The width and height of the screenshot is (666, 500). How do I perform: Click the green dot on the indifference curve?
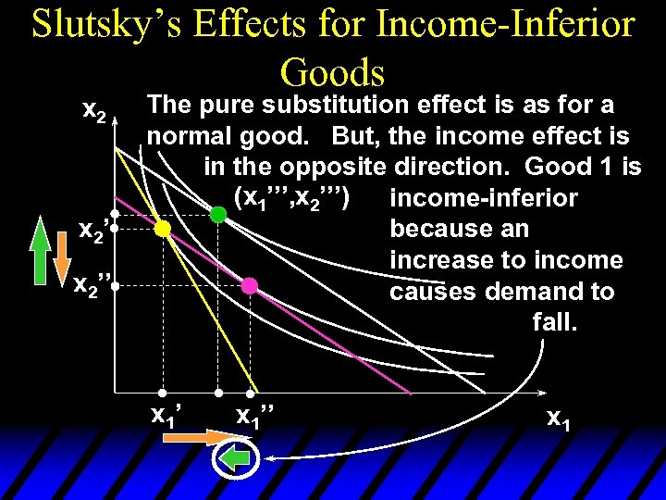(218, 215)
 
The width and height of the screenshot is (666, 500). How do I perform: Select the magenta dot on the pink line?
(249, 286)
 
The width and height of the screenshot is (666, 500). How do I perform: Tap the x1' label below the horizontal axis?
(166, 414)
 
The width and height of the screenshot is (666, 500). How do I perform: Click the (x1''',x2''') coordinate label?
(291, 196)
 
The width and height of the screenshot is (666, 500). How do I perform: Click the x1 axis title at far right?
(558, 419)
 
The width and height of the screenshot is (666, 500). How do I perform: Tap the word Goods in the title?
(332, 71)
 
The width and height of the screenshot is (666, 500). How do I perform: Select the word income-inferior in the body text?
(484, 198)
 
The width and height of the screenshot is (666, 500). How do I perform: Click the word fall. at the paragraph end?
(554, 323)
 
